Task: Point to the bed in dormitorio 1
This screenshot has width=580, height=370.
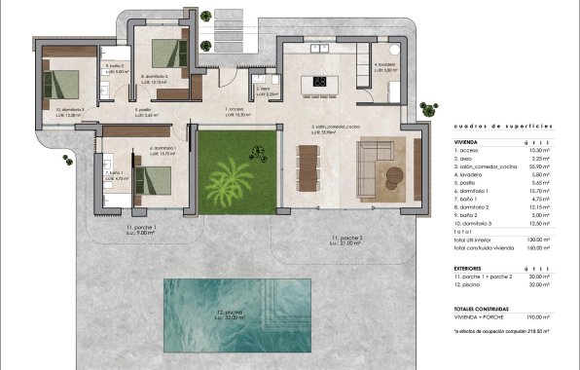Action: coord(151,179)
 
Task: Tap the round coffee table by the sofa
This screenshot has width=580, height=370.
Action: coord(391,175)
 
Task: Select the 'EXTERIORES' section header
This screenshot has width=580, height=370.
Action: coord(471,264)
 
